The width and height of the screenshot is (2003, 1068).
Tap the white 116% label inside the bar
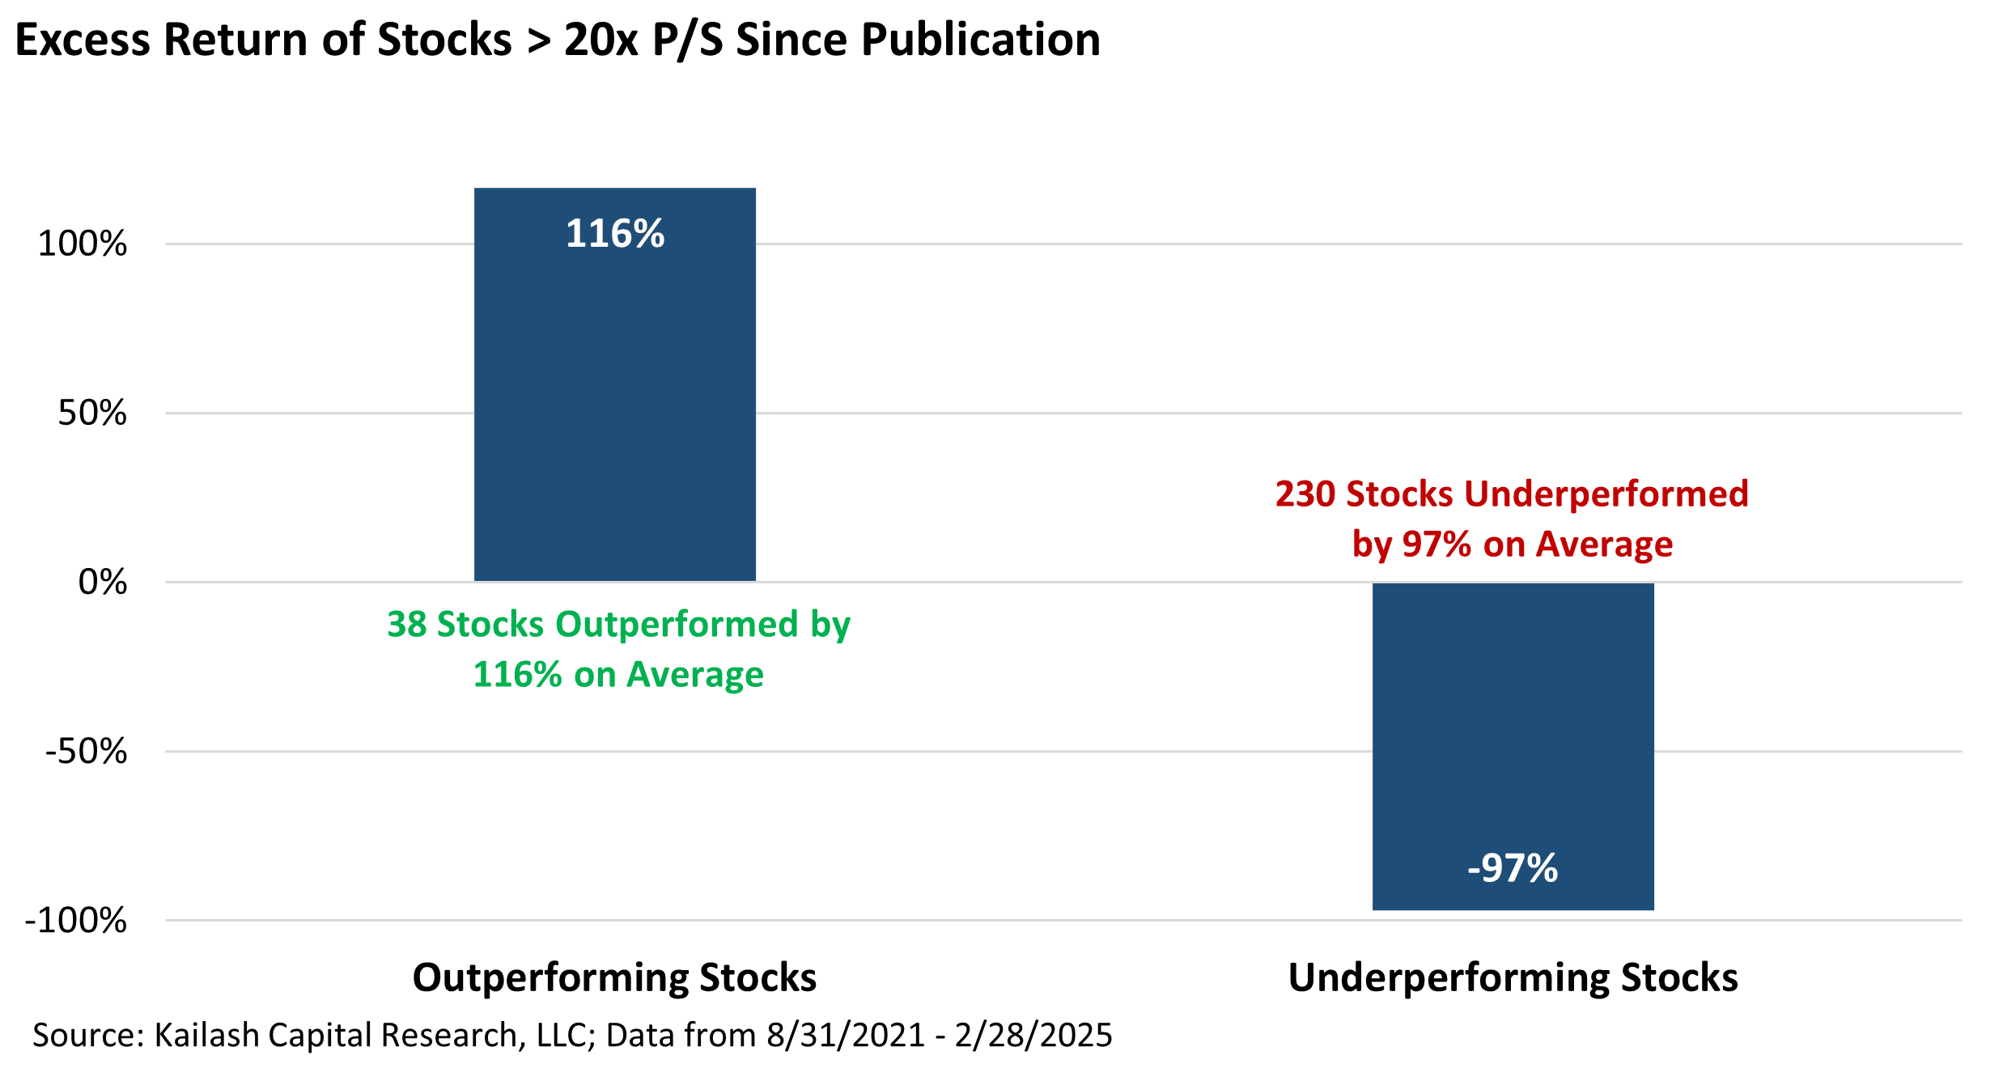(614, 234)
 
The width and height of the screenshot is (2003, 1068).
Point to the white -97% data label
(1513, 868)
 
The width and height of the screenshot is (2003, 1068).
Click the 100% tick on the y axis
(83, 244)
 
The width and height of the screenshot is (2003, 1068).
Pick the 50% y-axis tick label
(92, 413)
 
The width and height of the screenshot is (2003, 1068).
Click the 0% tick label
(103, 583)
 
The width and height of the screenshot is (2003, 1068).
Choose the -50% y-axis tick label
(87, 752)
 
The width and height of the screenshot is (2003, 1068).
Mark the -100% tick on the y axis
(77, 921)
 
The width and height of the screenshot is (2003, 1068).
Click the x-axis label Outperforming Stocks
(614, 977)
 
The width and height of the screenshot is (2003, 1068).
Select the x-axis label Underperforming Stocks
(1513, 977)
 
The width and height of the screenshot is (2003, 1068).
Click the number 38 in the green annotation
(406, 625)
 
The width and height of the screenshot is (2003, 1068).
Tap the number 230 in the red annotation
(1305, 494)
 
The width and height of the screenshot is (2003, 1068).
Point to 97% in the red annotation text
(1436, 545)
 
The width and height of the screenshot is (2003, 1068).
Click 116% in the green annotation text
(517, 675)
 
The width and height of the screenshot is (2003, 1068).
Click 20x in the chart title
(600, 39)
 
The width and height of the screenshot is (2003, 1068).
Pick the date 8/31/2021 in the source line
(846, 1035)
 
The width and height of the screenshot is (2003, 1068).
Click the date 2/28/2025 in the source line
(1033, 1035)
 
